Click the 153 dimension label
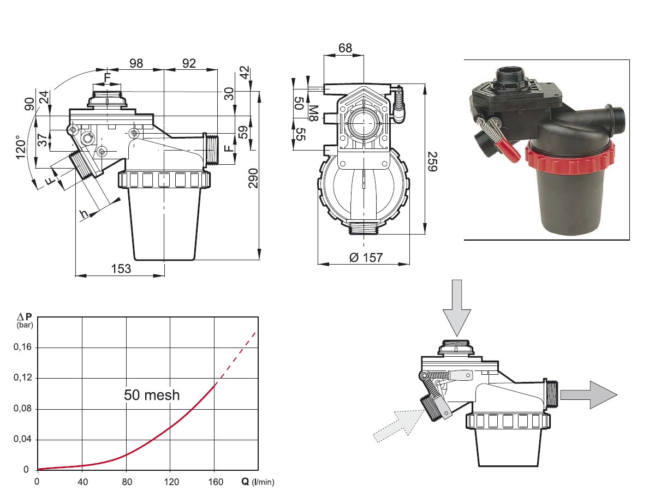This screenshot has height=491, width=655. (x=121, y=269)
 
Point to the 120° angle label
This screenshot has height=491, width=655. (x=21, y=147)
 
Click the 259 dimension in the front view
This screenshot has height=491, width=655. (x=432, y=161)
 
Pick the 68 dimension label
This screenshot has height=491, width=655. (x=345, y=48)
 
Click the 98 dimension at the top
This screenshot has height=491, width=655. (x=136, y=63)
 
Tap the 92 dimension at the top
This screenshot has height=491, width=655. (x=189, y=63)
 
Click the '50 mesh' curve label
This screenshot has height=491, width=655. (x=152, y=395)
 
